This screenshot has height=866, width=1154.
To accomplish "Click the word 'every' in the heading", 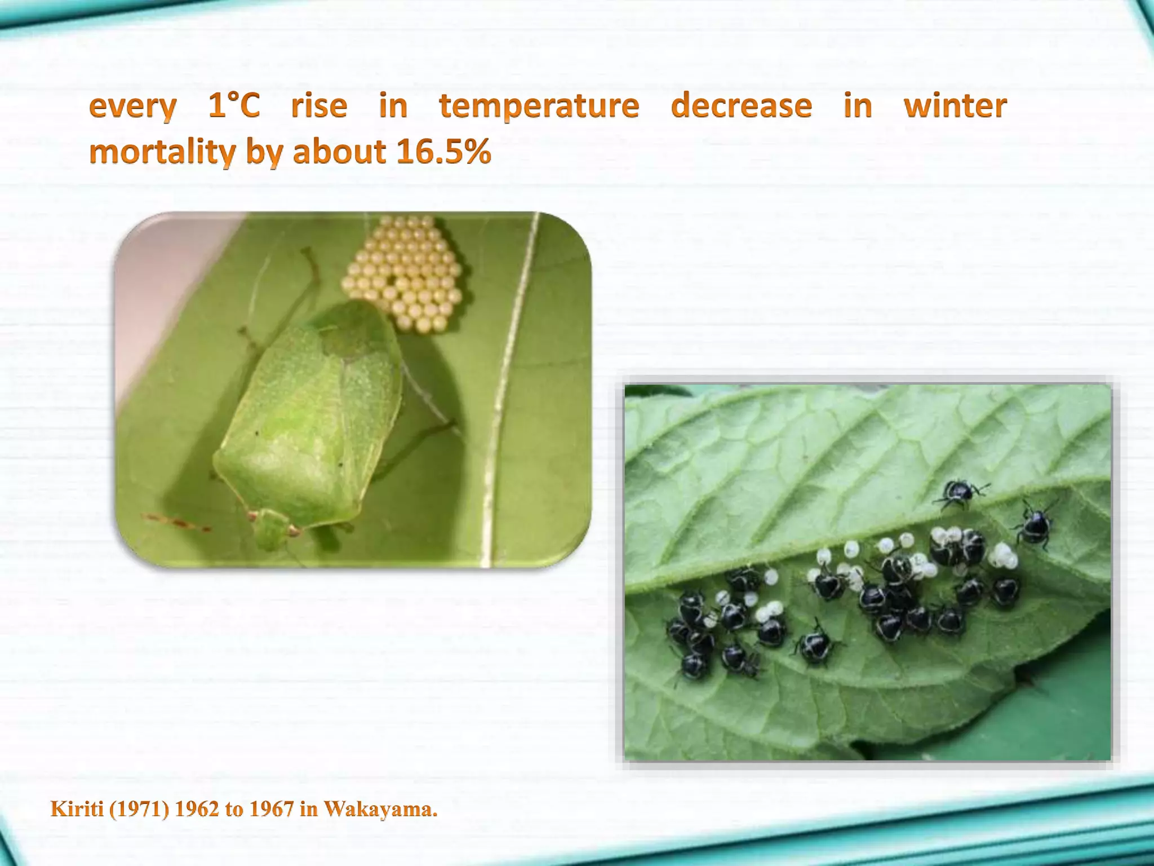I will pos(133,107).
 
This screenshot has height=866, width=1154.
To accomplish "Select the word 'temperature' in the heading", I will pos(539,107).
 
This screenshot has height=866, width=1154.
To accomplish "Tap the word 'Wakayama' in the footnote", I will pos(380,810).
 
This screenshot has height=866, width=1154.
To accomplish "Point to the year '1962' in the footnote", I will pos(197,810).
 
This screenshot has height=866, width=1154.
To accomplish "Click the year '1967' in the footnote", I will pos(271,810).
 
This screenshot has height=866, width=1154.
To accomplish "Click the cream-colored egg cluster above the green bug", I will pos(405,273).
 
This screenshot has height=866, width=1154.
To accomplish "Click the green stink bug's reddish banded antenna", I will pos(175,522).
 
